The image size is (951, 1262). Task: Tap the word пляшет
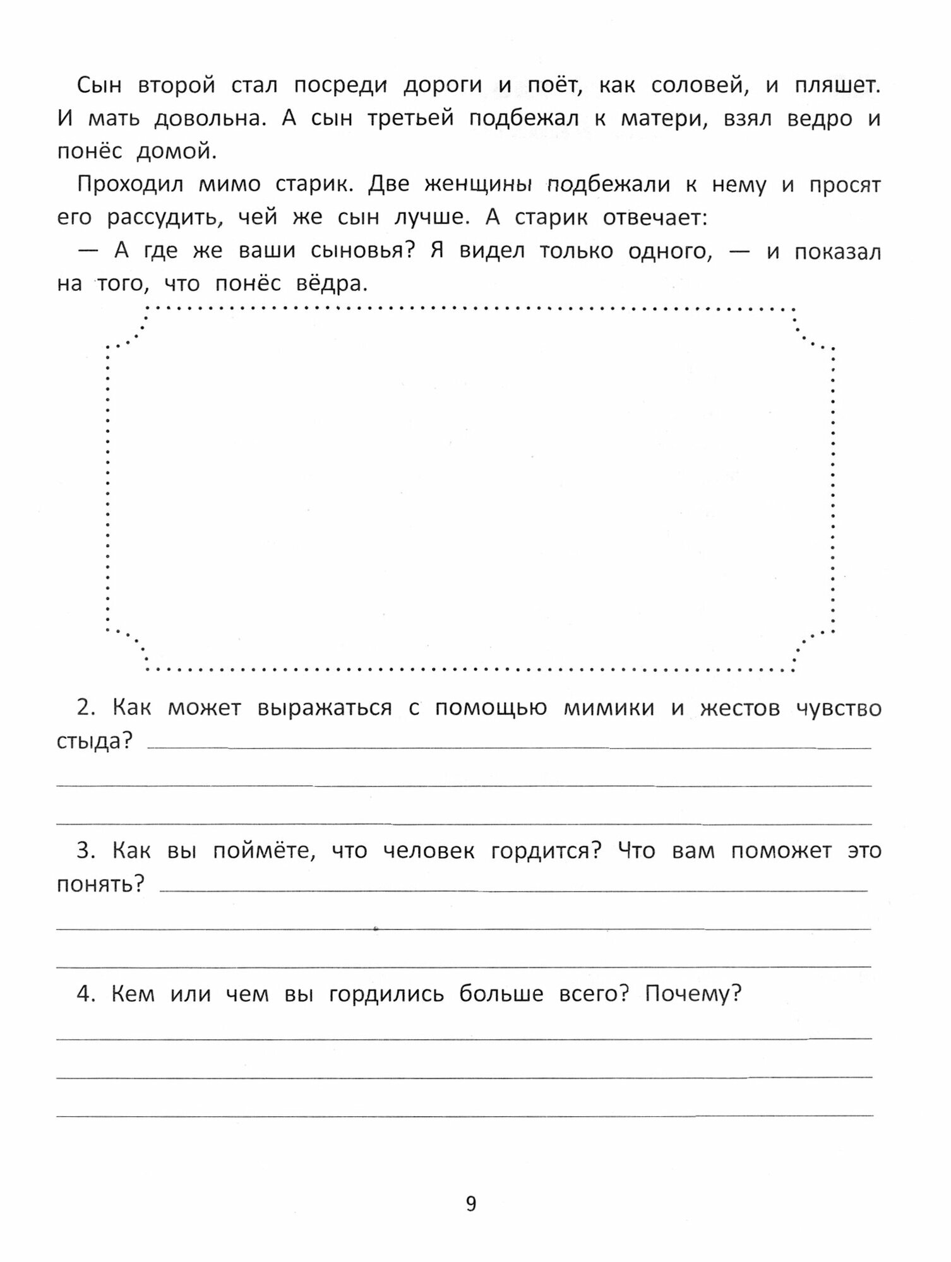[837, 86]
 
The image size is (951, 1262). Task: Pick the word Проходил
[130, 184]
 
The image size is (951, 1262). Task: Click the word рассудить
[165, 218]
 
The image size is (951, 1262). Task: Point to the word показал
[837, 251]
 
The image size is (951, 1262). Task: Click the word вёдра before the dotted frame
[331, 284]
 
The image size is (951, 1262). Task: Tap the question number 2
[85, 708]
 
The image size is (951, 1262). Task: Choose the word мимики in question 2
[609, 708]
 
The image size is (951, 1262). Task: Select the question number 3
[85, 851]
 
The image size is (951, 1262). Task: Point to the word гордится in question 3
[546, 851]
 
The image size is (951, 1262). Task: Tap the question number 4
[85, 994]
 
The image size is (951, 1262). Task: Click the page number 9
[471, 1204]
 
